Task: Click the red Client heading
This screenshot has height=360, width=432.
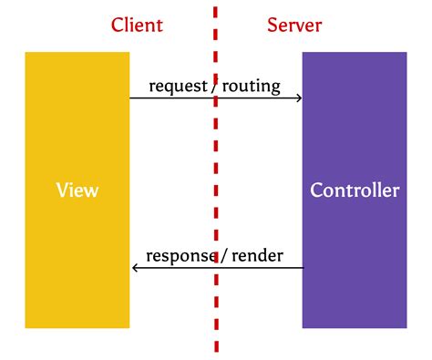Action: (x=137, y=25)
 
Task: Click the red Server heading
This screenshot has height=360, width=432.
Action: (x=294, y=25)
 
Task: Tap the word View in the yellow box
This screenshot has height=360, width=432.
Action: (x=77, y=190)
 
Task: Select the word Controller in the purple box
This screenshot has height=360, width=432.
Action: (x=355, y=190)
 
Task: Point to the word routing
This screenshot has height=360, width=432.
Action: (x=250, y=87)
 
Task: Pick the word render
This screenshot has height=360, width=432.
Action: (x=257, y=255)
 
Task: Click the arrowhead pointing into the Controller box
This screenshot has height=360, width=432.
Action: (x=298, y=98)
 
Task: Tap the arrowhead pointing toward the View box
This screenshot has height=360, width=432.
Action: (x=135, y=268)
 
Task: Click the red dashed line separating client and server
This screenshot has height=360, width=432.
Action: (x=216, y=182)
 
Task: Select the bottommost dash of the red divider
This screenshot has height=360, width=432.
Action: (x=216, y=345)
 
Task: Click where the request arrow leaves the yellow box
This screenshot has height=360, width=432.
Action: (x=130, y=98)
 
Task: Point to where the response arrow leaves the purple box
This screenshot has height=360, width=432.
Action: (x=302, y=268)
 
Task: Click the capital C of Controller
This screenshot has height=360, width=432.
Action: (x=316, y=190)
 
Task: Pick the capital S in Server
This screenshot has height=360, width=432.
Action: (x=272, y=25)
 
